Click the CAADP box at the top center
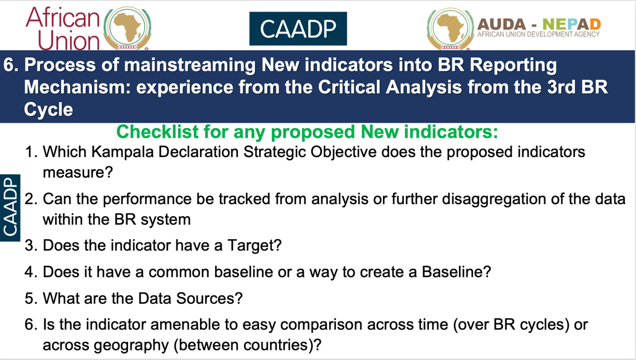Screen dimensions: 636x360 298,28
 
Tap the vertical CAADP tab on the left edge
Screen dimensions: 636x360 10,208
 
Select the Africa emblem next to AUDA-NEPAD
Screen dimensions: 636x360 450,29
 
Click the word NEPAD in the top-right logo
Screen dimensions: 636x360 571,24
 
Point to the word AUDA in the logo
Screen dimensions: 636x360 502,24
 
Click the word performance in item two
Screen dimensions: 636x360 147,199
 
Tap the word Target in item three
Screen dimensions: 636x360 254,246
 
